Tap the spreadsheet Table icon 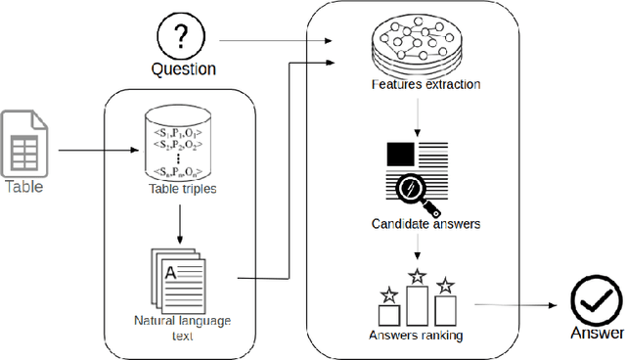click(x=23, y=142)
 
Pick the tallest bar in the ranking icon click(x=417, y=304)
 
